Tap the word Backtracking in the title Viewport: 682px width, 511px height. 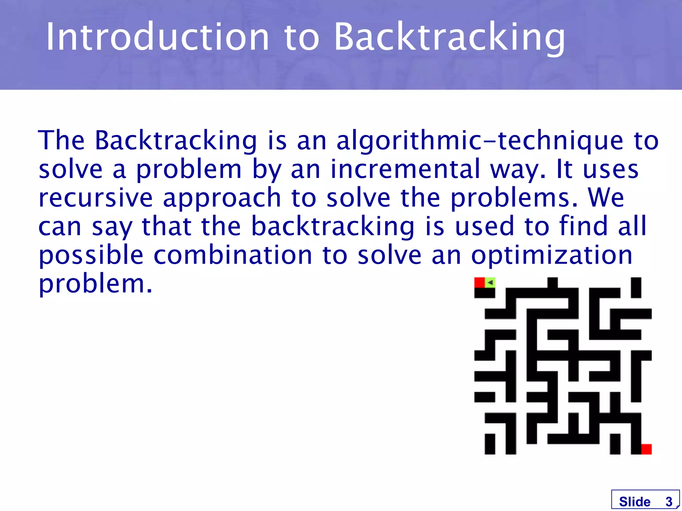pyautogui.click(x=449, y=37)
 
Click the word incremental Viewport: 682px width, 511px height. pyautogui.click(x=405, y=169)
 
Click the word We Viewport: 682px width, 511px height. pyautogui.click(x=606, y=198)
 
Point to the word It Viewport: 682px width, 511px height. pyautogui.click(x=564, y=169)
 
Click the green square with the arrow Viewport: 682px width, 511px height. pyautogui.click(x=490, y=282)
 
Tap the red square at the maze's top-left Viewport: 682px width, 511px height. pyautogui.click(x=479, y=282)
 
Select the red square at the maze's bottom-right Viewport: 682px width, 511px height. pyautogui.click(x=646, y=449)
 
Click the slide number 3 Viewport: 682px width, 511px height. pyautogui.click(x=669, y=501)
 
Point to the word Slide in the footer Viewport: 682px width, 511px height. pyautogui.click(x=634, y=501)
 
